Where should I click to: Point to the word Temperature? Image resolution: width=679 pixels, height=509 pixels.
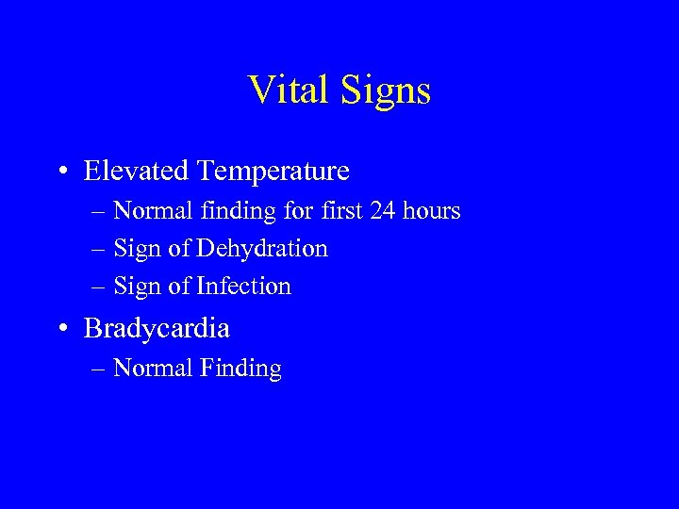273,171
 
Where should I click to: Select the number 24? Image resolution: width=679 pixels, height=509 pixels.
382,210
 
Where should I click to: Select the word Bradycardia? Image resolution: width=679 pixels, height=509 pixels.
157,328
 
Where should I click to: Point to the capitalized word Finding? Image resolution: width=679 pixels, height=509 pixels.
240,369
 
